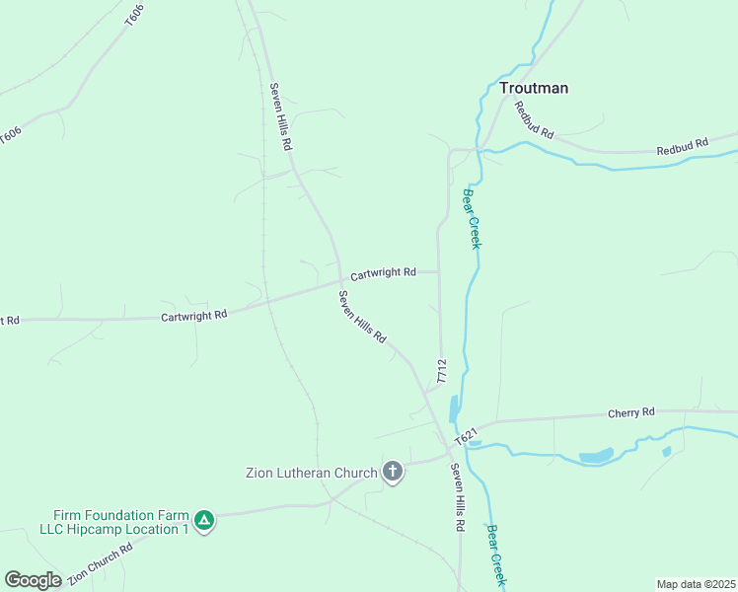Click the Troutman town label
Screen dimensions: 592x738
(x=533, y=88)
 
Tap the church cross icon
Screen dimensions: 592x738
(x=393, y=473)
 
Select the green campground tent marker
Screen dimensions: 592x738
(x=204, y=520)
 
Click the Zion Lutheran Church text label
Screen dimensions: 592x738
(x=311, y=473)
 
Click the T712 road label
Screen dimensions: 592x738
(x=442, y=371)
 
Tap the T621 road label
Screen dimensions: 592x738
(x=466, y=435)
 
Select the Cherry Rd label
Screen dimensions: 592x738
(x=631, y=412)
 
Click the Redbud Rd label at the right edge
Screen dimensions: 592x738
(x=683, y=145)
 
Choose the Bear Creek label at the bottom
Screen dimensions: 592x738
(x=496, y=556)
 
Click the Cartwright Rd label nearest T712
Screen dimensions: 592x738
(x=383, y=271)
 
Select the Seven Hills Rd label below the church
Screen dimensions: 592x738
(x=457, y=497)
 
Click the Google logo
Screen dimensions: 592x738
(x=33, y=580)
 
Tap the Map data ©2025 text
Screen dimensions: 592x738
(x=695, y=584)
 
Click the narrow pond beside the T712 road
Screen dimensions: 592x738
(x=454, y=409)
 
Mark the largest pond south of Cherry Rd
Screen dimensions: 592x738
(x=596, y=456)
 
